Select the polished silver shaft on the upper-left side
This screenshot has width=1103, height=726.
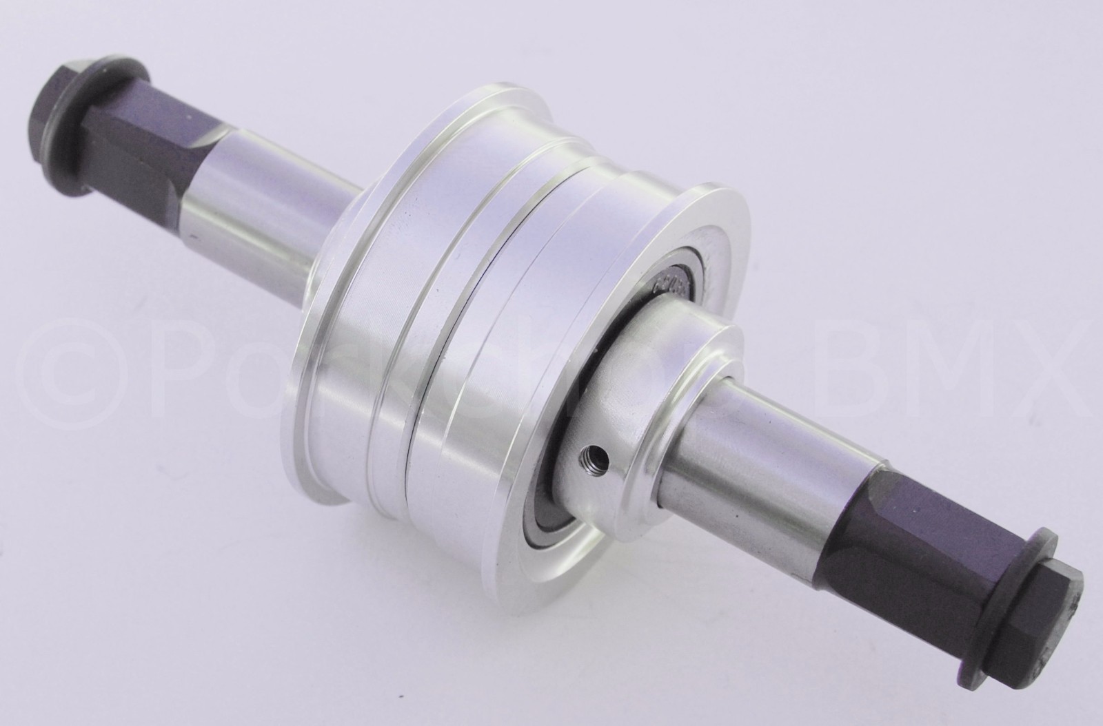262,220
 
